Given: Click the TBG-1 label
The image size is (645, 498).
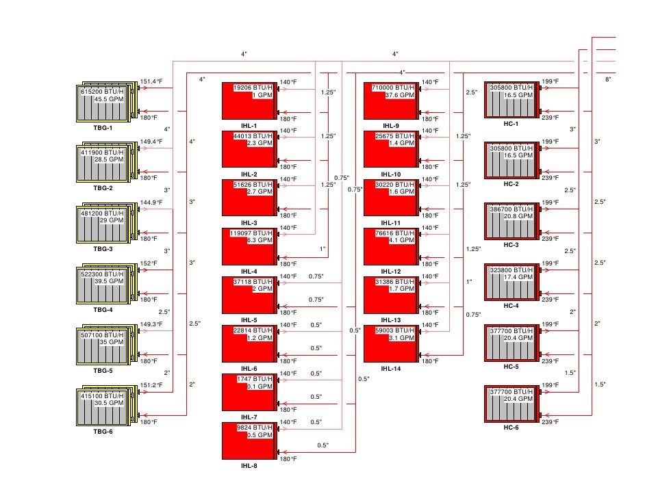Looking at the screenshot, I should point(103,127).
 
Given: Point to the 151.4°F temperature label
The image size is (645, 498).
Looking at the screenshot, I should point(151,81).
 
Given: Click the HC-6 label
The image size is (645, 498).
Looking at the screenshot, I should point(511,427).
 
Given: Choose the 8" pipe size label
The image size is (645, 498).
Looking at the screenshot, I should point(607,80).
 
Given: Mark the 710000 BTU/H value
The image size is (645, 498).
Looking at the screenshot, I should point(393,88).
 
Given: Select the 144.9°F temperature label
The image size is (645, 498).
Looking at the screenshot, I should point(151,202).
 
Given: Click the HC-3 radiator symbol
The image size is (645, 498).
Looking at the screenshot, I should point(512,223).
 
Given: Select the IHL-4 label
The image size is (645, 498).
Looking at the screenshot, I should point(249,271).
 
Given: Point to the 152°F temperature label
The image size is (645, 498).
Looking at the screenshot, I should point(149,263).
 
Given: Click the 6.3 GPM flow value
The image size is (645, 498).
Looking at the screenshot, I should point(260,241).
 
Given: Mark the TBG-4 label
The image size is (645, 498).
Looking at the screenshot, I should point(103,310).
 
